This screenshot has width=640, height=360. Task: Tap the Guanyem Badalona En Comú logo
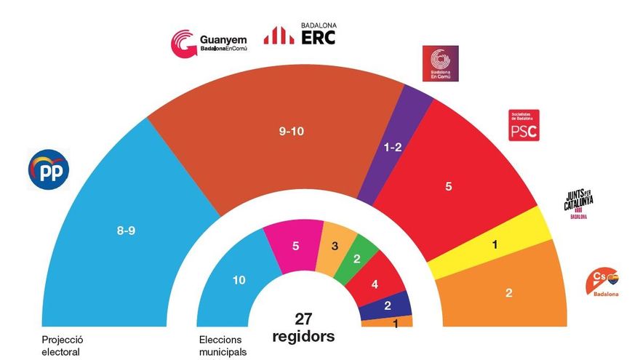point(209,42)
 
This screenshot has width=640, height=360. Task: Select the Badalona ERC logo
point(300,34)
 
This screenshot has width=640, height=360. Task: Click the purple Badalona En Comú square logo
point(441,64)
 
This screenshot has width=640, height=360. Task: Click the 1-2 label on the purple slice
point(393,147)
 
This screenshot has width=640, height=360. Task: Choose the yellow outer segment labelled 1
point(495,245)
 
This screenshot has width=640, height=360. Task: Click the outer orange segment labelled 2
point(508,292)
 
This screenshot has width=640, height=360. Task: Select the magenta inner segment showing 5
point(294,247)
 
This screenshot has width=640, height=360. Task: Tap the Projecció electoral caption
point(60,345)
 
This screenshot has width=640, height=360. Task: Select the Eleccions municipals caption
point(223,345)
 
